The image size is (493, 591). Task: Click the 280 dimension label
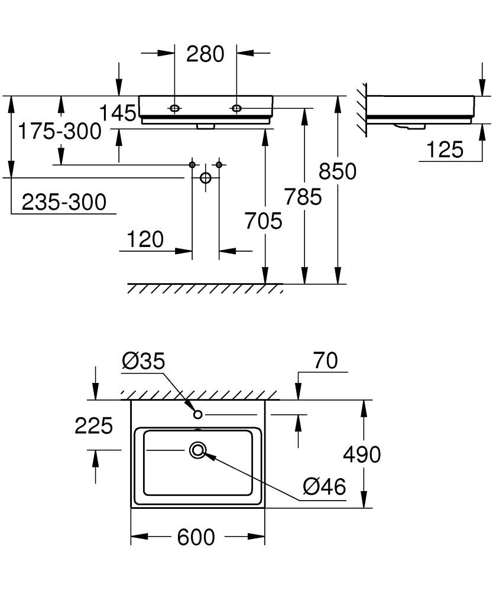click(x=205, y=54)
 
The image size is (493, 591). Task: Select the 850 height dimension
click(x=338, y=171)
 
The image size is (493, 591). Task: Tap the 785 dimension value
click(x=303, y=196)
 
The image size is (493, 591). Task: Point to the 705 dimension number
click(x=264, y=221)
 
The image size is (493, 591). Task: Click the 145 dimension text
click(x=117, y=112)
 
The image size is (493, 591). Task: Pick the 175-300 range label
click(x=59, y=131)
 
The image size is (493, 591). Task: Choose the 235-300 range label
click(x=64, y=203)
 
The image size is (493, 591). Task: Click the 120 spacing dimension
click(x=145, y=239)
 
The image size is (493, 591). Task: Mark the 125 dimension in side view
click(x=445, y=150)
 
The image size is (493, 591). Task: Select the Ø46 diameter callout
click(x=324, y=487)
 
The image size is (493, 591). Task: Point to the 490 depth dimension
click(x=362, y=454)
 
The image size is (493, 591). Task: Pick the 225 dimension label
click(x=93, y=425)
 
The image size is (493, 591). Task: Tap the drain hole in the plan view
click(x=197, y=451)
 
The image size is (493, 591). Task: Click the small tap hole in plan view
click(x=198, y=414)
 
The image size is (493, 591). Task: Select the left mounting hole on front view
click(x=175, y=108)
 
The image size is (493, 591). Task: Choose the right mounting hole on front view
click(x=236, y=108)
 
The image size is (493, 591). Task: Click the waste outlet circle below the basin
click(x=206, y=177)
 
